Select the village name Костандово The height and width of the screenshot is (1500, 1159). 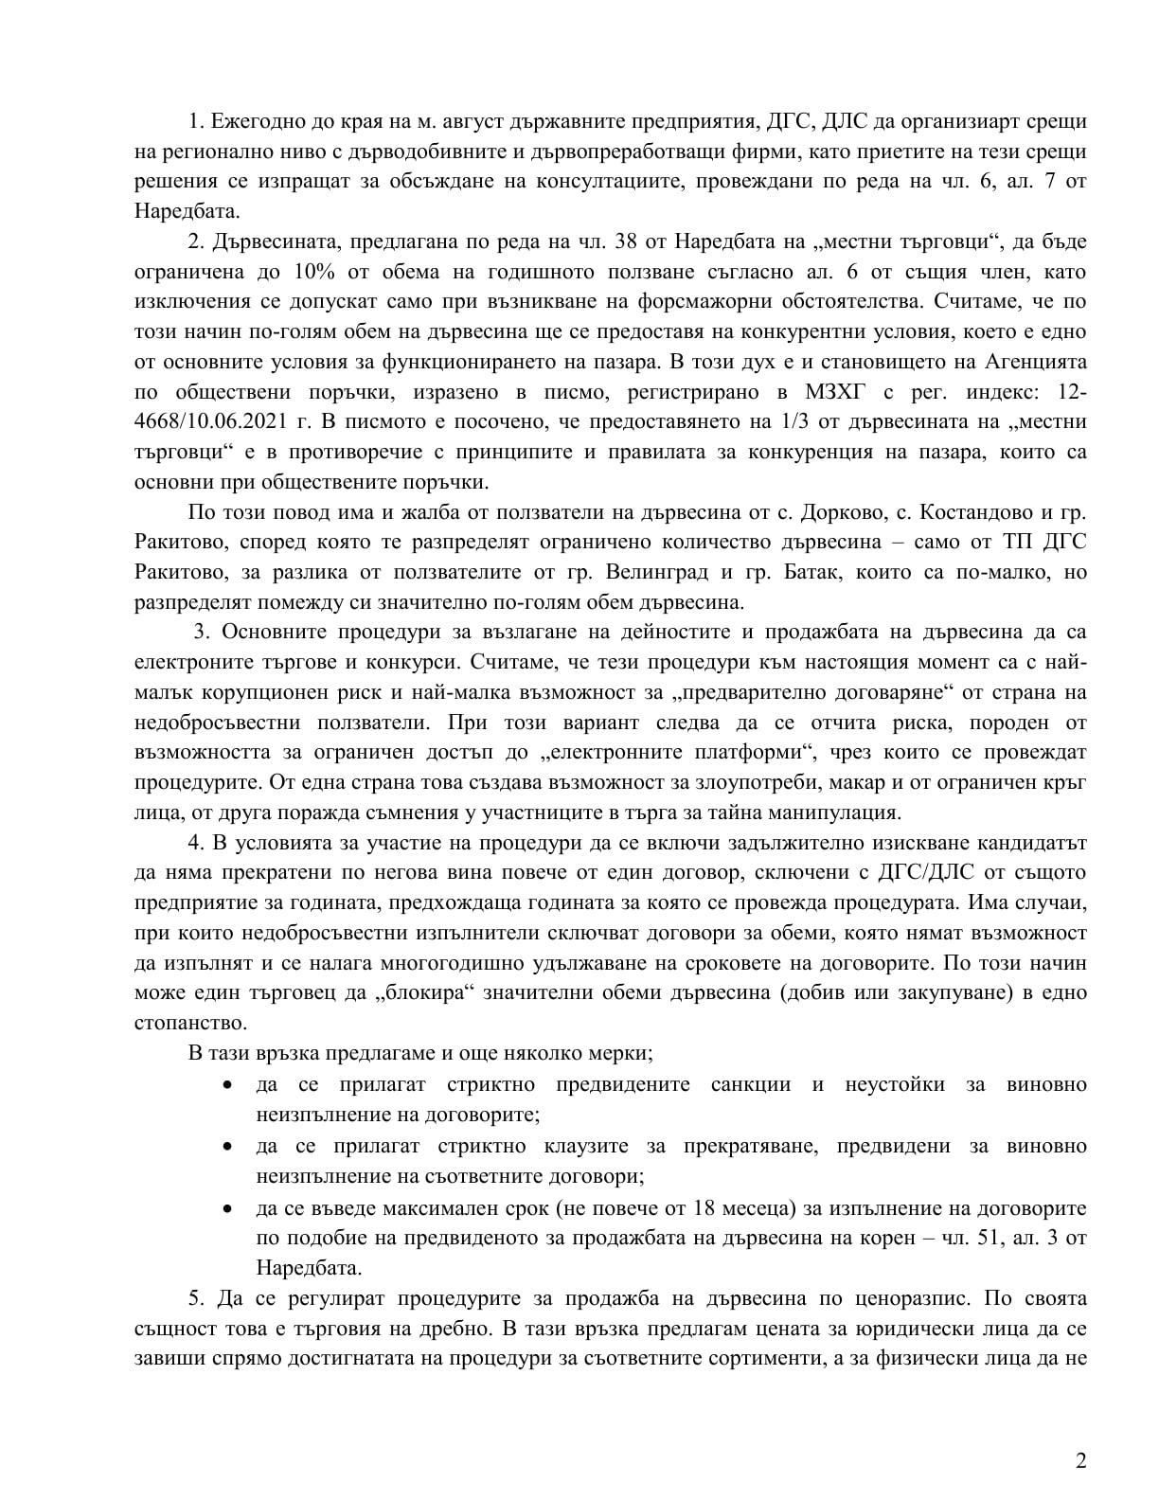click(975, 512)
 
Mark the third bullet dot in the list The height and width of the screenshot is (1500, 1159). click(227, 1208)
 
